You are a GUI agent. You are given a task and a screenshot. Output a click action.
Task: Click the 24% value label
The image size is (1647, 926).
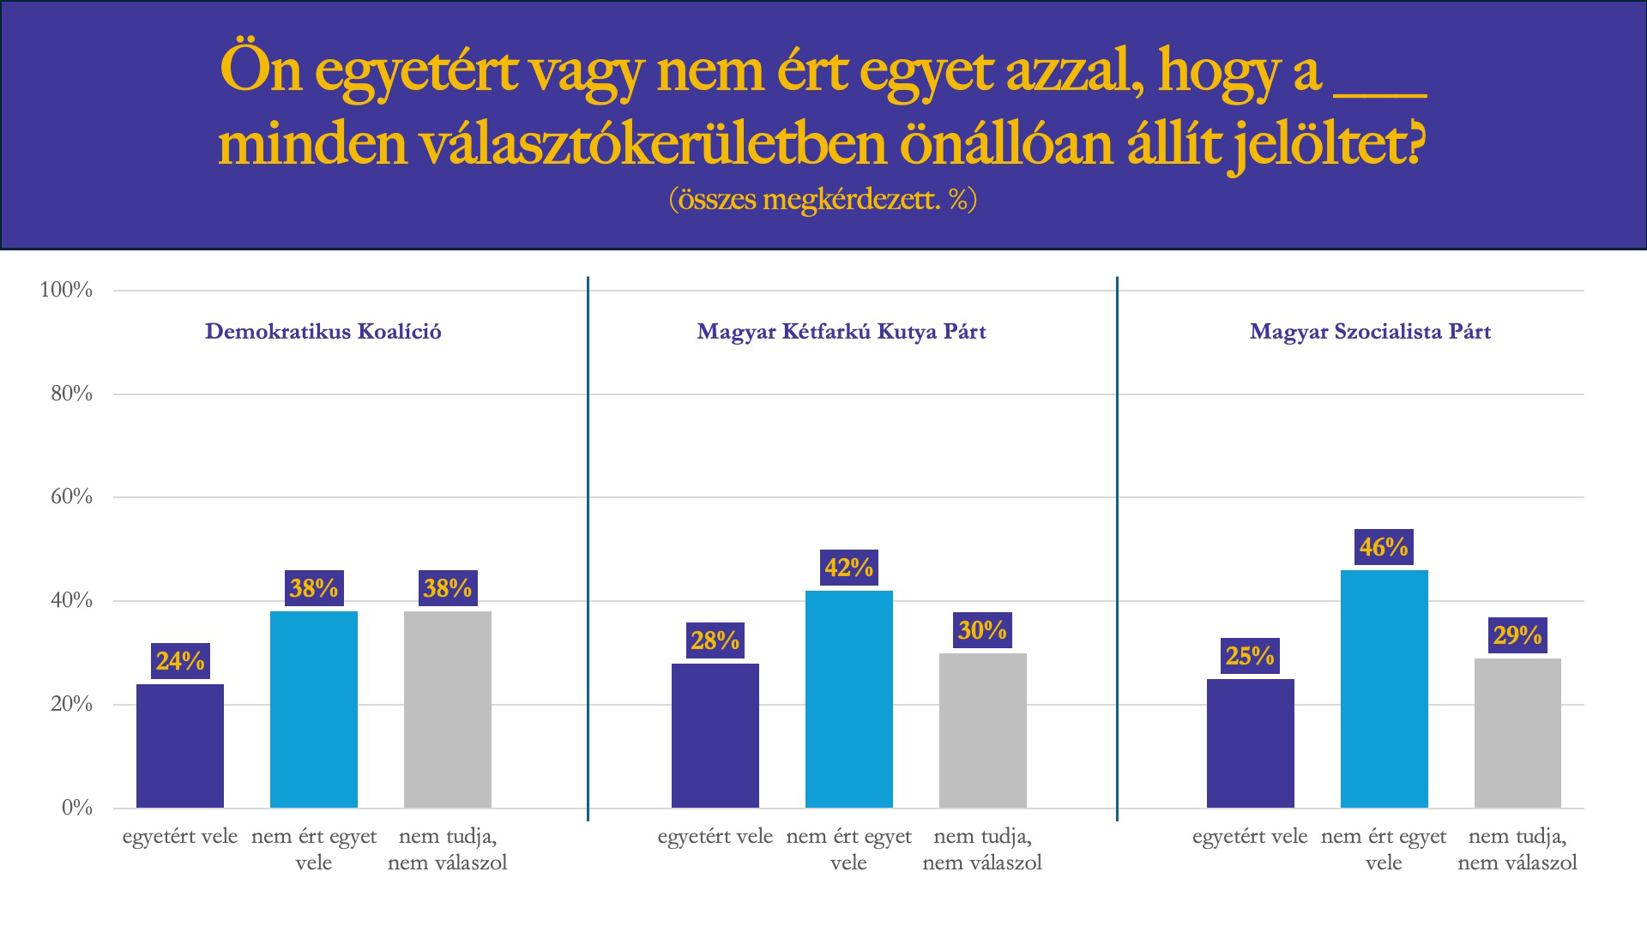point(180,661)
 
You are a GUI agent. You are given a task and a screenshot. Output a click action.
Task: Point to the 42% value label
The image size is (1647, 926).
point(848,568)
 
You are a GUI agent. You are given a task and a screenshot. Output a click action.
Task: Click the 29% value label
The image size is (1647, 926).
point(1517,635)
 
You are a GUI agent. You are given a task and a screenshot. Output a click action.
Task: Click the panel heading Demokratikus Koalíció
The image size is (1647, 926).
point(323,332)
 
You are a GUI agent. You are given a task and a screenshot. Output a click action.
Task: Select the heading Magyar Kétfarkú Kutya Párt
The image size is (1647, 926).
point(842,332)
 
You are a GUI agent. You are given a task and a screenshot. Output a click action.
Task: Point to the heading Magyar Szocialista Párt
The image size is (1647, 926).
point(1370,332)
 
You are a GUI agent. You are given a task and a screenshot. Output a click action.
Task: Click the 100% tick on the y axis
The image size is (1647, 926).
point(67,290)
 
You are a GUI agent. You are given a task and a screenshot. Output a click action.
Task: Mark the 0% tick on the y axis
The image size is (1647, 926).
point(76,808)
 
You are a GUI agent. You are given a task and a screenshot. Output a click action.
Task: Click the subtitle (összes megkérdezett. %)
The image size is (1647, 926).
point(823,199)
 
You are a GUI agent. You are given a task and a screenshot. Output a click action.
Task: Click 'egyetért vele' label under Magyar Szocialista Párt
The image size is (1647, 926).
point(1250,836)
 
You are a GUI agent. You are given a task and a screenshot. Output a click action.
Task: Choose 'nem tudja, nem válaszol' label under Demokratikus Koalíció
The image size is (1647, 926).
point(448,849)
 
